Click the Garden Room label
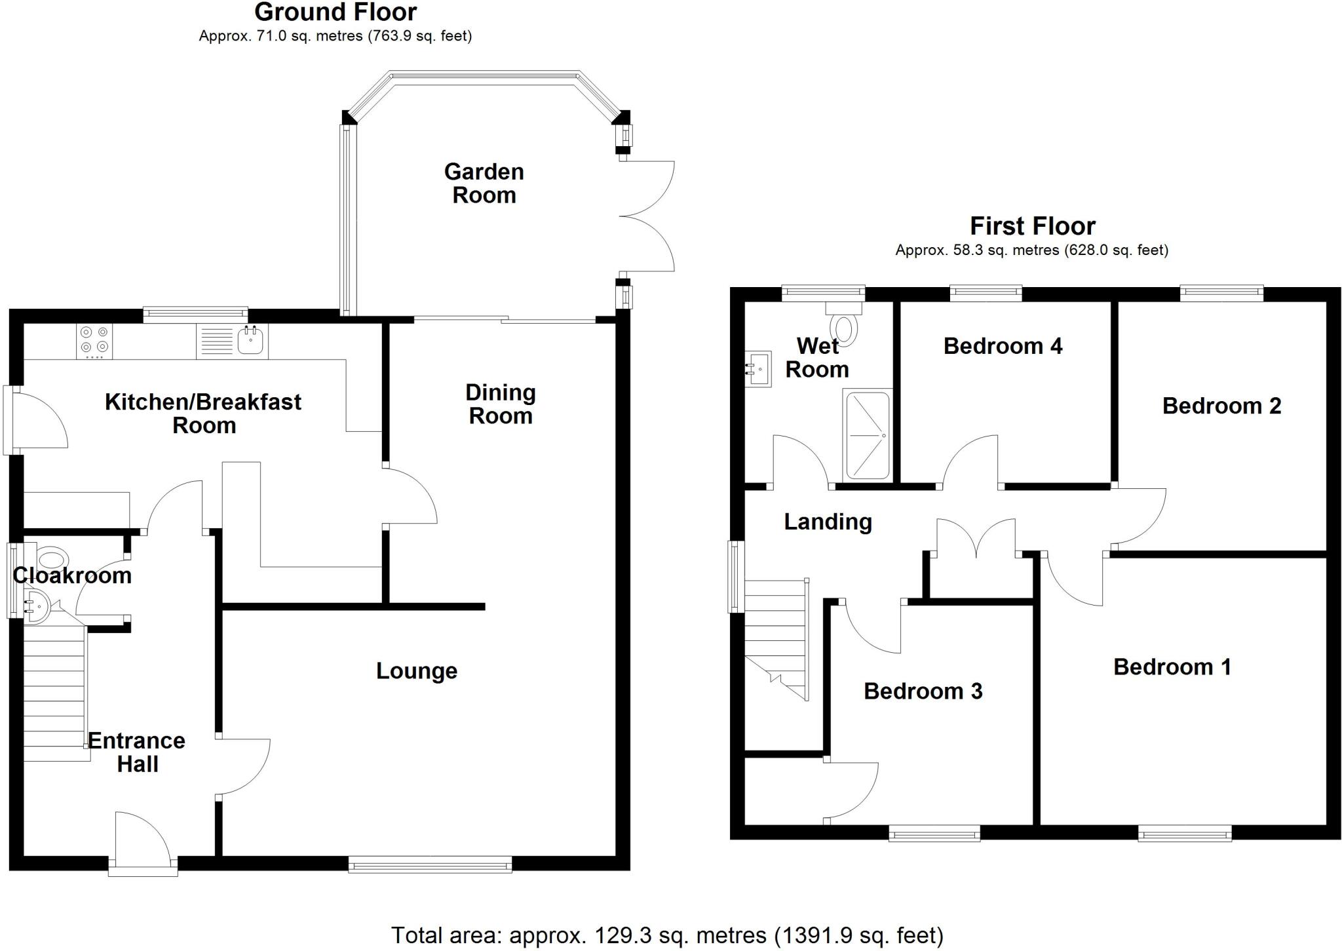click(484, 184)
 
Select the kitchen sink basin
click(250, 340)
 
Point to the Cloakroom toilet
click(52, 559)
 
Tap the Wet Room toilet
click(844, 326)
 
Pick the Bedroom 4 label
click(1003, 346)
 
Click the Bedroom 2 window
click(1221, 294)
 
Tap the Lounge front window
click(430, 865)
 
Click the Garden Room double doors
click(645, 216)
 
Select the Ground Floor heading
click(335, 12)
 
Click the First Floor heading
click(1032, 226)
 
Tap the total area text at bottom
click(667, 935)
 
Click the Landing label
click(828, 522)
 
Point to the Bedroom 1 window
click(1185, 833)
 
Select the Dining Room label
click(501, 404)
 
